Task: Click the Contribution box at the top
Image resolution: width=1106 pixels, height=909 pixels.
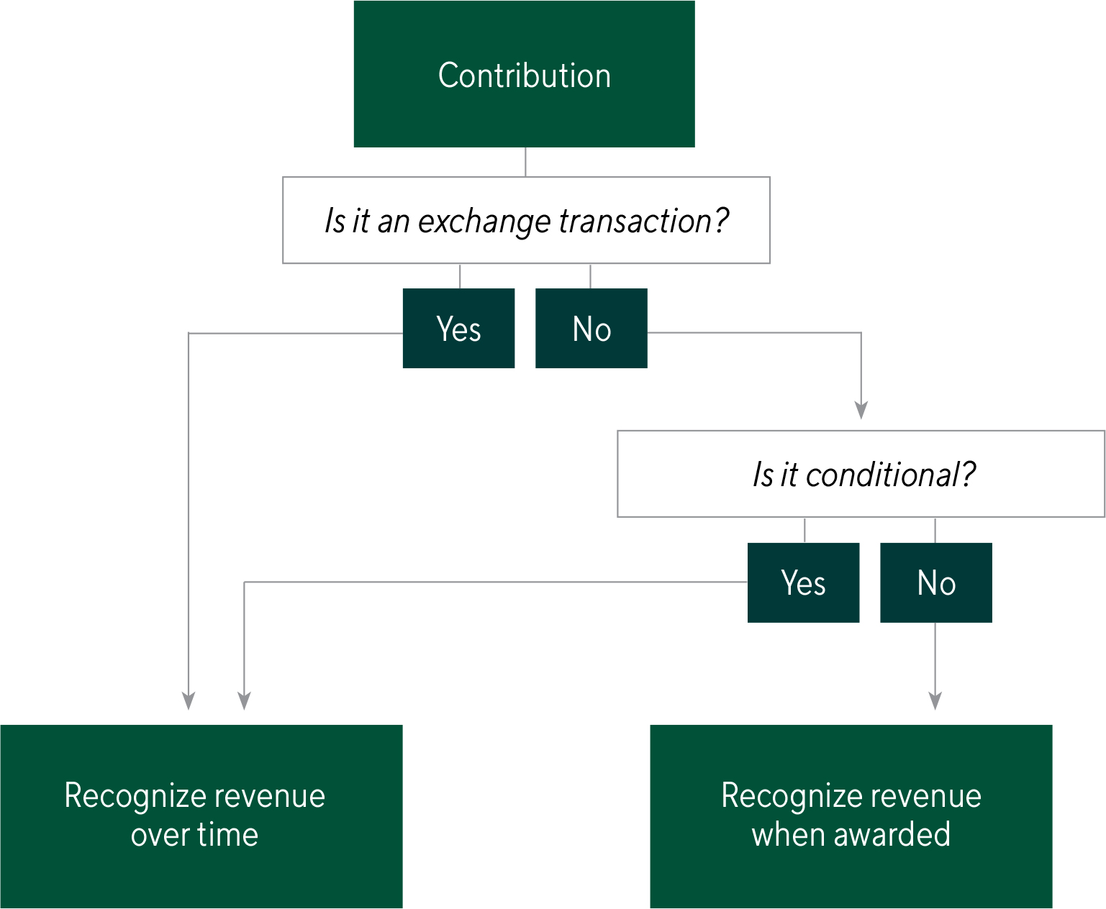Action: [x=524, y=75]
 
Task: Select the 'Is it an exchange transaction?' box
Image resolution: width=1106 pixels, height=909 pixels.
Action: [x=526, y=220]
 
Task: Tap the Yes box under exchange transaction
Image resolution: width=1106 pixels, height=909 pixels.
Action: [x=458, y=329]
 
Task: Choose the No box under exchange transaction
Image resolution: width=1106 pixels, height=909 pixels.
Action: [x=591, y=329]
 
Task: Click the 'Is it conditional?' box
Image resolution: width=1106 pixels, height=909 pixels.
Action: [x=861, y=474]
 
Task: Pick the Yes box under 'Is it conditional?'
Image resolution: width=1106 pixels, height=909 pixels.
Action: [x=803, y=583]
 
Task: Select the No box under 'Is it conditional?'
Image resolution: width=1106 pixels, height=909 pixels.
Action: [x=935, y=583]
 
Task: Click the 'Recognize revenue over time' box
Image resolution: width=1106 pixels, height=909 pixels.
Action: [x=201, y=816]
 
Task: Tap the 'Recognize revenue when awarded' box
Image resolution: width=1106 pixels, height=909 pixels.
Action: [x=851, y=816]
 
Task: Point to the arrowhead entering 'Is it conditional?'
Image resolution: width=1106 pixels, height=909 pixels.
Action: [x=861, y=410]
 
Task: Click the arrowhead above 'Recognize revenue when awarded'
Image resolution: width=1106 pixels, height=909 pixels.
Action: [x=935, y=700]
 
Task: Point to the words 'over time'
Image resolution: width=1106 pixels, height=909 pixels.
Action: [x=194, y=835]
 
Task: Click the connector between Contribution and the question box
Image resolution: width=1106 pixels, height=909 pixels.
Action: [x=525, y=162]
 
